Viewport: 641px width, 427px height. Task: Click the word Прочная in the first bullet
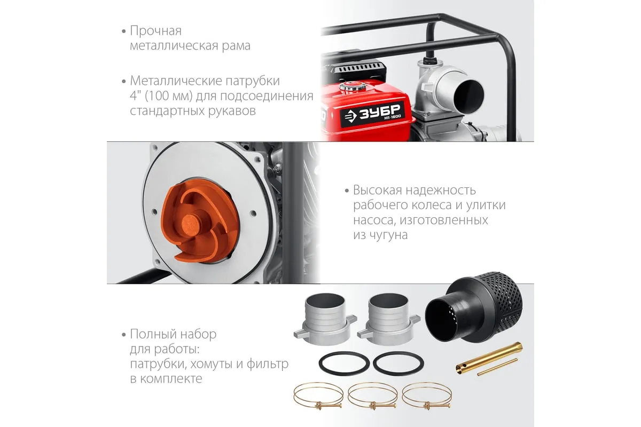[155, 31]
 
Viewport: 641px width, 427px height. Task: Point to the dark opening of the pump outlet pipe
[469, 95]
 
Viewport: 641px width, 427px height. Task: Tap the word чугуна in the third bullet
[388, 235]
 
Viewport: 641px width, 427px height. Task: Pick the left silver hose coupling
[325, 320]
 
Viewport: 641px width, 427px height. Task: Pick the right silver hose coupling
[389, 320]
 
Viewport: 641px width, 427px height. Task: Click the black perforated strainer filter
[474, 307]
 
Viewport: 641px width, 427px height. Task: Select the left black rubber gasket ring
[344, 363]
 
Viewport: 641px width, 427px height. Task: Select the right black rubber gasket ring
[398, 363]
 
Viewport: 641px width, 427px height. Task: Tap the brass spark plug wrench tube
[489, 358]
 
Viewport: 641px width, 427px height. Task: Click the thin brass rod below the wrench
[498, 367]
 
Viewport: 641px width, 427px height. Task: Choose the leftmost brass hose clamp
[318, 396]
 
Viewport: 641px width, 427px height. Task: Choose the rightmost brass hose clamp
[427, 396]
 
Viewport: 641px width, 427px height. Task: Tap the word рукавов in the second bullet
[232, 111]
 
